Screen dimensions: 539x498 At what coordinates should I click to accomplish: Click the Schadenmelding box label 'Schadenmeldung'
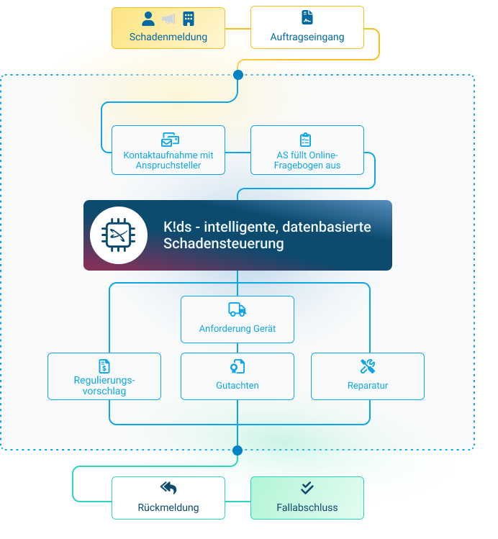(168, 37)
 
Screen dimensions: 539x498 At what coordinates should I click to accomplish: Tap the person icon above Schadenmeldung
(148, 18)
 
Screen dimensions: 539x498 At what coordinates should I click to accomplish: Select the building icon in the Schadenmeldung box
(189, 18)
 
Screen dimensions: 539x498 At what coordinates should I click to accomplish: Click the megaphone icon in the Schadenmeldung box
(168, 19)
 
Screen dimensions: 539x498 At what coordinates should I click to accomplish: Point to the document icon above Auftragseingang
(307, 18)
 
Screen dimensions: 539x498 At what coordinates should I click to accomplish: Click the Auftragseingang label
(307, 37)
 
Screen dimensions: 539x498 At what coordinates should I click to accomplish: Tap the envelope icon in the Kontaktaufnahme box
(169, 140)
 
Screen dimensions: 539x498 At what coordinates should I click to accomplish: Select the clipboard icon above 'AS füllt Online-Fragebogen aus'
(306, 140)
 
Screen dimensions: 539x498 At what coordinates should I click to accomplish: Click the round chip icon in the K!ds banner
(119, 235)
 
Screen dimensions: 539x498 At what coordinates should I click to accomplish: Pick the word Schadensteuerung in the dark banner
(223, 244)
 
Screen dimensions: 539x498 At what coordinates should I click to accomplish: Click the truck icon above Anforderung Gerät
(237, 309)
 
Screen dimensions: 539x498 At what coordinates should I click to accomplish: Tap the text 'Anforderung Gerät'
(237, 329)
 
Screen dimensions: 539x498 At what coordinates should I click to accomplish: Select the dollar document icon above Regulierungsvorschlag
(104, 366)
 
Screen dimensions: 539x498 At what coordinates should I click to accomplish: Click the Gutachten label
(237, 386)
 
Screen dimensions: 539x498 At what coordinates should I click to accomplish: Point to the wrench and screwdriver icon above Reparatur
(368, 366)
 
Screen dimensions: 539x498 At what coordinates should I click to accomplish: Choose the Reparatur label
(368, 386)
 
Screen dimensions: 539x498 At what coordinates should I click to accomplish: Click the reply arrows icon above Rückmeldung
(168, 488)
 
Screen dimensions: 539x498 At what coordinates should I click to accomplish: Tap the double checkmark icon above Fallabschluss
(307, 488)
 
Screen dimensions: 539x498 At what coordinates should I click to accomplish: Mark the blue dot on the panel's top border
(238, 74)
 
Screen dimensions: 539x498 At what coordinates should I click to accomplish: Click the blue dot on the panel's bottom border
(237, 450)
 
